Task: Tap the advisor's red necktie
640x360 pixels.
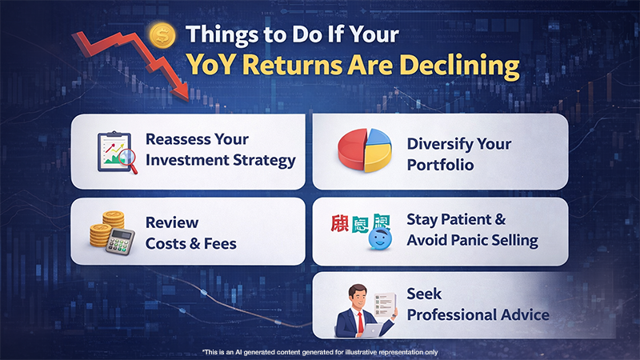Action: tap(362, 318)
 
